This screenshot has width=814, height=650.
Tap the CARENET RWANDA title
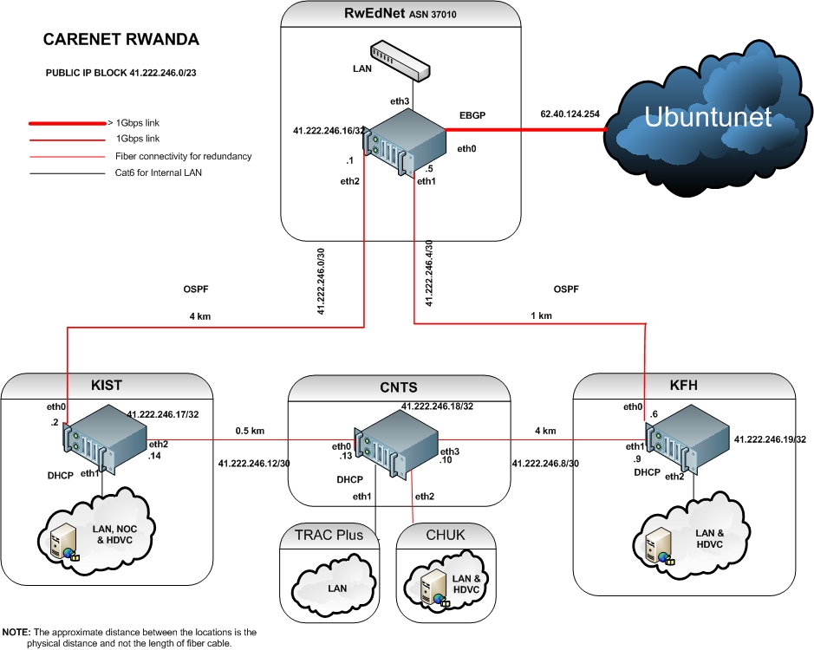coord(121,40)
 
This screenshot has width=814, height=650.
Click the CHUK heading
coord(444,535)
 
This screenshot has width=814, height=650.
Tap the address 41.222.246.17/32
coord(165,415)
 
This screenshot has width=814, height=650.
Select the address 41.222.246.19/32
coord(771,439)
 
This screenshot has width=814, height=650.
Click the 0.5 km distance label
coord(250,431)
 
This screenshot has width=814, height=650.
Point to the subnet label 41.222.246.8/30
coord(546,464)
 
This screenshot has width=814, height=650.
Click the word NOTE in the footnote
coord(16,632)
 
